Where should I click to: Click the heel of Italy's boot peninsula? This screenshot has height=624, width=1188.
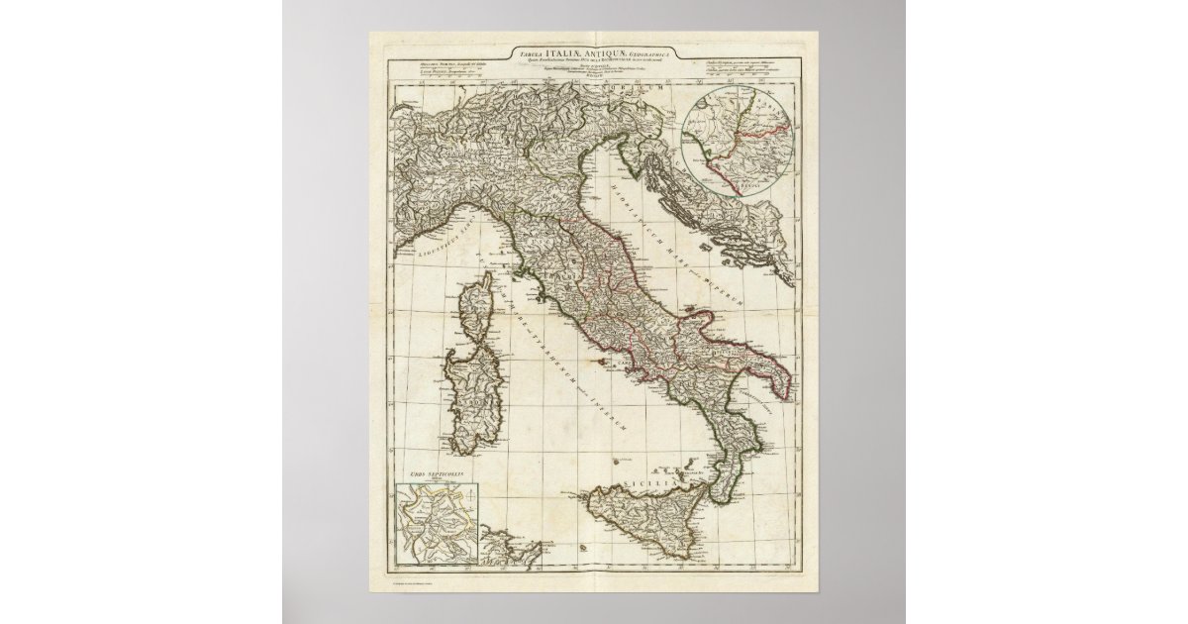click(782, 381)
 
